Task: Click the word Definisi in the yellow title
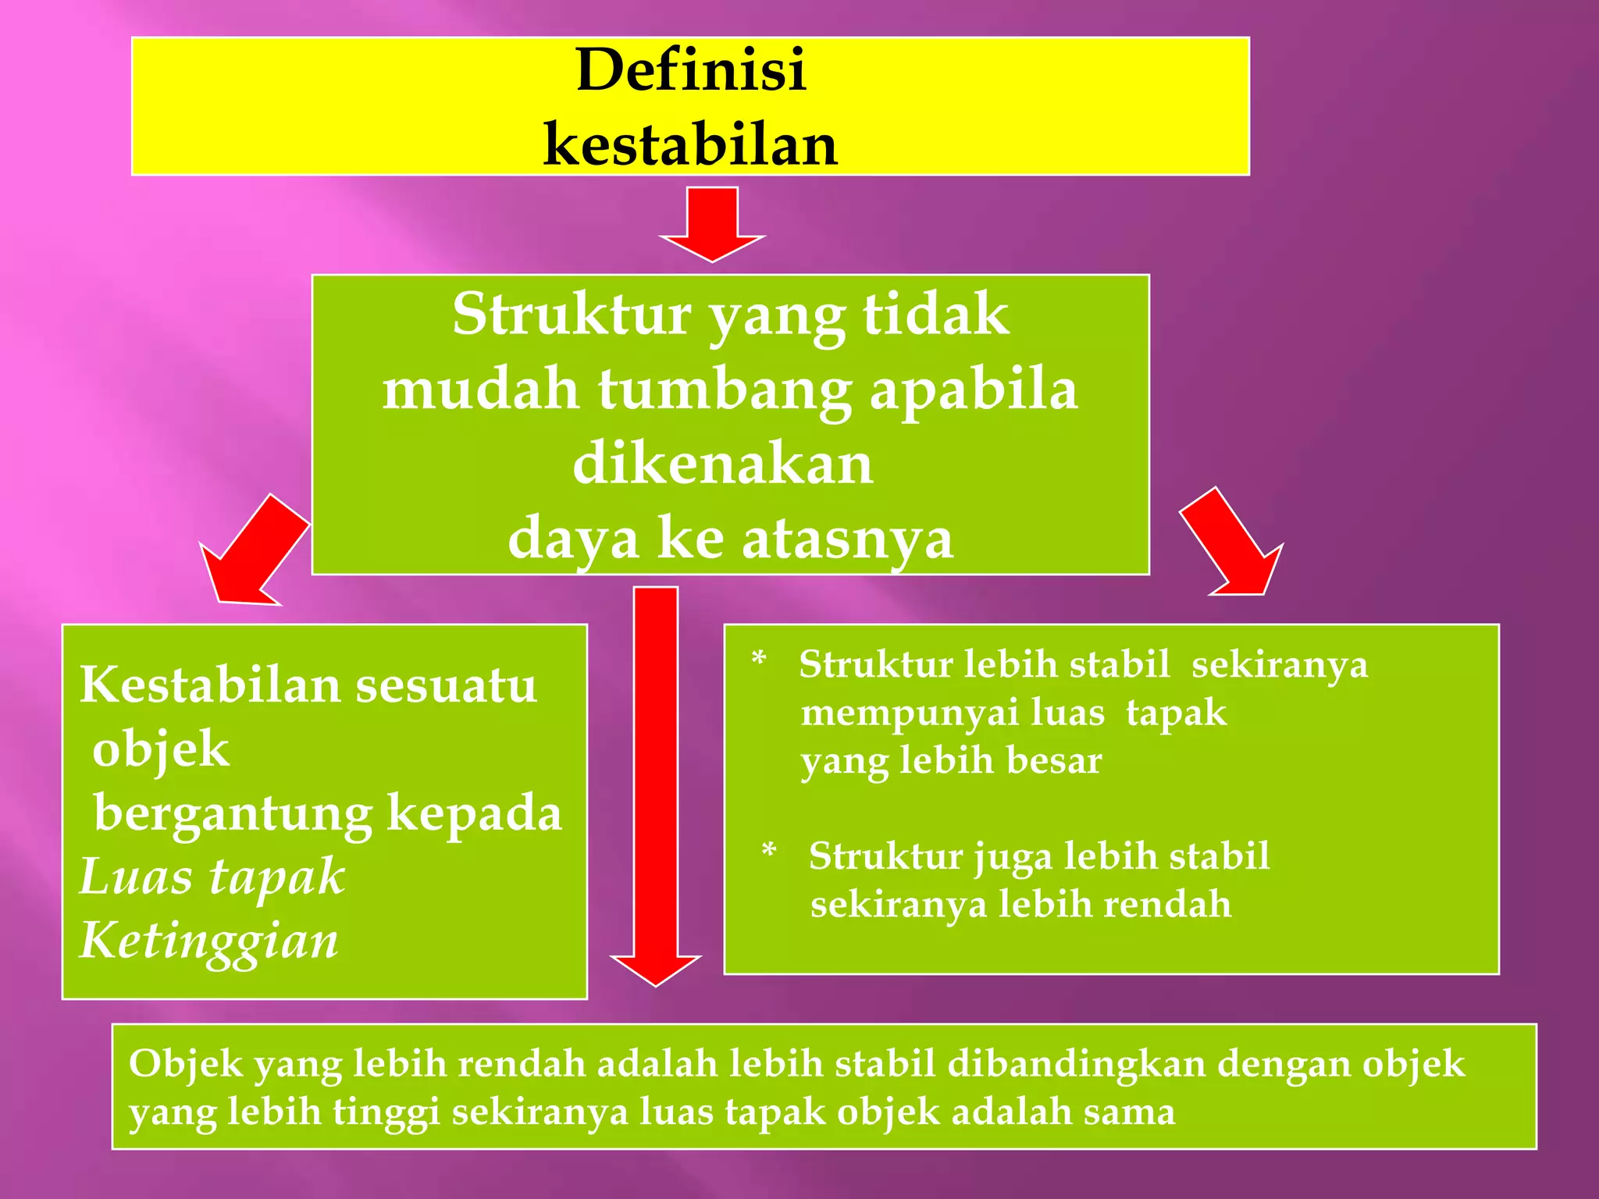tap(691, 70)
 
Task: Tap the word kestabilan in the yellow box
tap(691, 145)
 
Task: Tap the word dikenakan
tap(723, 464)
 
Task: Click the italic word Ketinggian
tap(209, 940)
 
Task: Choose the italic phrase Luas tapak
tap(212, 876)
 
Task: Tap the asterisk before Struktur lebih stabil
tap(758, 661)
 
